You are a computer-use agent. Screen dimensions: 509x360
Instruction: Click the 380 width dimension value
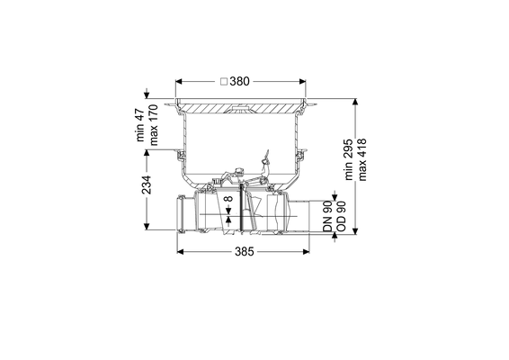coord(239,82)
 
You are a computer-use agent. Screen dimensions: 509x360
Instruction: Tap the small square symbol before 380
coord(224,82)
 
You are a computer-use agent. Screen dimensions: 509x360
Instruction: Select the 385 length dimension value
coord(244,251)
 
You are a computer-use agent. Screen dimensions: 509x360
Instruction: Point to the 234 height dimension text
coord(147,184)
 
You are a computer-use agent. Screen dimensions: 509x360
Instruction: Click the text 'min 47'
coord(140,125)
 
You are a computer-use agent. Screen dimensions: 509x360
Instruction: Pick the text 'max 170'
coord(153,125)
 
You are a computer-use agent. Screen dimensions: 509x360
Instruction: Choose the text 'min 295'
coord(348,159)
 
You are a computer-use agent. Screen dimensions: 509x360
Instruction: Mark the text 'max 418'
coord(362,159)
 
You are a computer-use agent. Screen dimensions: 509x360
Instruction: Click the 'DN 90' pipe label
coord(328,216)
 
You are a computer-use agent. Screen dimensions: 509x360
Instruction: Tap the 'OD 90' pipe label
coord(341,216)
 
